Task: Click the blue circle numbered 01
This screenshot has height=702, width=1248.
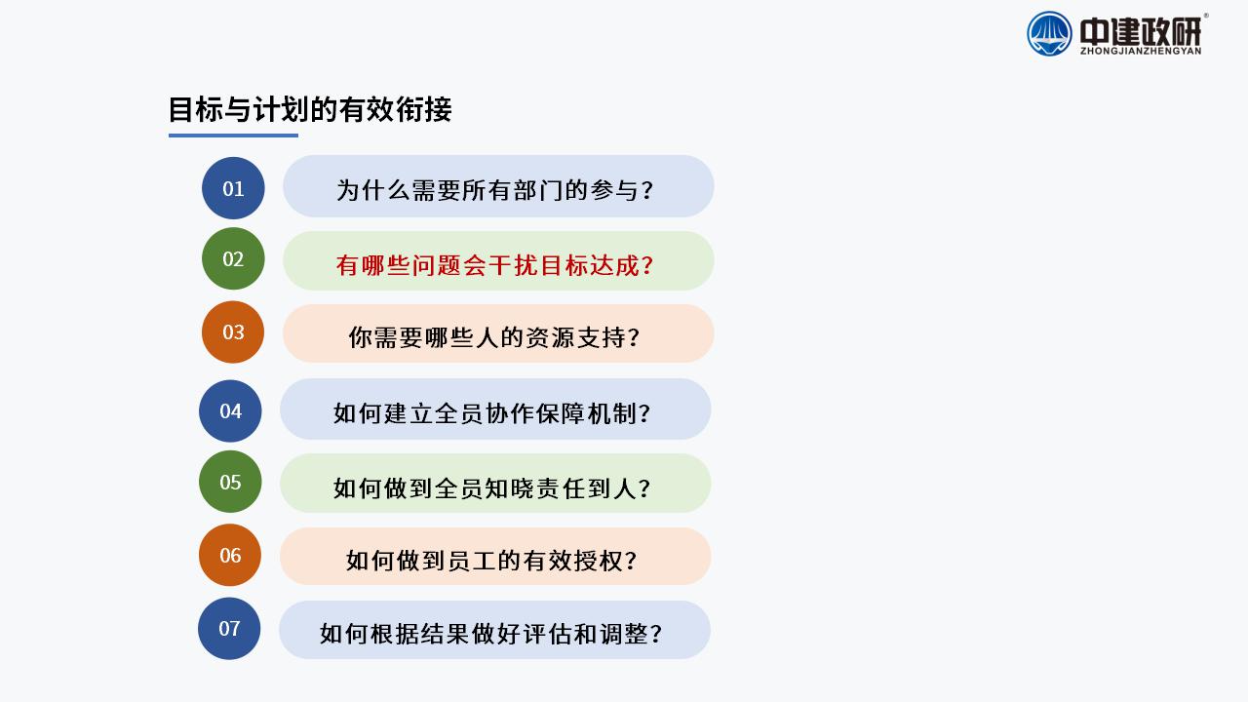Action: point(233,188)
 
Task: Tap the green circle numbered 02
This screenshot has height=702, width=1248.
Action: point(233,258)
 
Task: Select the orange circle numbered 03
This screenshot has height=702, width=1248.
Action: point(233,332)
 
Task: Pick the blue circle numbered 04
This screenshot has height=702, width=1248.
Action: point(230,411)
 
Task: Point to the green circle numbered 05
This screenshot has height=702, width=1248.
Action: point(230,482)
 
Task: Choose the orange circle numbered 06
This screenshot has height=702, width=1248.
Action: point(230,555)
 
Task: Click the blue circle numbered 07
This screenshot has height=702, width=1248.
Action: point(229,629)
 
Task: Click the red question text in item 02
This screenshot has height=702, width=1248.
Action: point(494,265)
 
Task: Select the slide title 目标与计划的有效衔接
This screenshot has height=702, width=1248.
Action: point(310,109)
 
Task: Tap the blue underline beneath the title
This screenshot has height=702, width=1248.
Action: point(233,136)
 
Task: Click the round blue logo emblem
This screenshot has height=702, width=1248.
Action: point(1049,34)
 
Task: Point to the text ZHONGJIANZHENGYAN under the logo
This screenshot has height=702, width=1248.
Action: point(1141,52)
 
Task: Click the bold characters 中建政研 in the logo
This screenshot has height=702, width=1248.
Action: point(1141,31)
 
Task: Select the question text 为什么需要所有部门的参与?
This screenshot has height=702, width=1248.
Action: point(494,190)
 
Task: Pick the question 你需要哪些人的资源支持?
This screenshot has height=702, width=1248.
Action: point(494,337)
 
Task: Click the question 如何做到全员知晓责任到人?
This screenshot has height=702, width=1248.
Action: point(492,488)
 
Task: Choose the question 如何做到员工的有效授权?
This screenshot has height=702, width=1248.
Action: point(491,561)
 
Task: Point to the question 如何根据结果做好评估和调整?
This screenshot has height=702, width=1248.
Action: point(490,634)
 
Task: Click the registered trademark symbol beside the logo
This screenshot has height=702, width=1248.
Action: point(1206,16)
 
